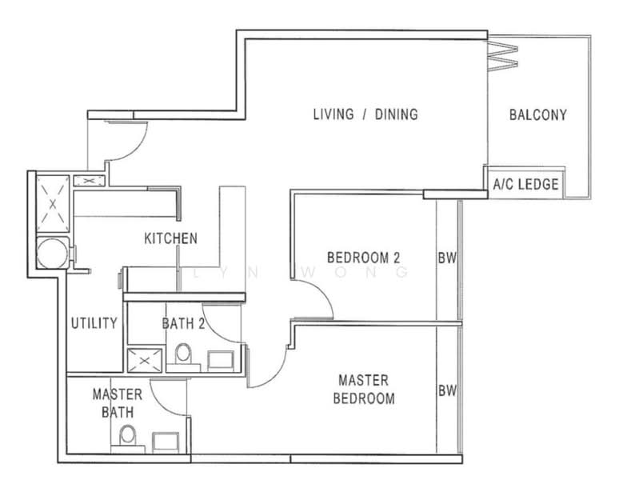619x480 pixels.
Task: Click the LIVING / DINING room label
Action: (x=365, y=114)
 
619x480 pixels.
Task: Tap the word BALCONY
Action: (x=537, y=114)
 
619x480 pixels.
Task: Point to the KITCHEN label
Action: (x=170, y=238)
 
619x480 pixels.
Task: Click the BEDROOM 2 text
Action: (x=363, y=258)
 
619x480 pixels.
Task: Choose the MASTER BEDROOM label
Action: (x=365, y=389)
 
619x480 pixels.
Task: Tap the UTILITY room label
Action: (x=94, y=323)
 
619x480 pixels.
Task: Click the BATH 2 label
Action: (x=185, y=323)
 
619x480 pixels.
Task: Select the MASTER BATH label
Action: (x=118, y=403)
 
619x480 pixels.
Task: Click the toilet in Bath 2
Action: (x=183, y=354)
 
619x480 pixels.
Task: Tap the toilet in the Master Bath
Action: (x=126, y=437)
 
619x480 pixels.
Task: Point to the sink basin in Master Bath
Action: (x=166, y=442)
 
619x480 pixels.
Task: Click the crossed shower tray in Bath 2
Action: (x=144, y=361)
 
